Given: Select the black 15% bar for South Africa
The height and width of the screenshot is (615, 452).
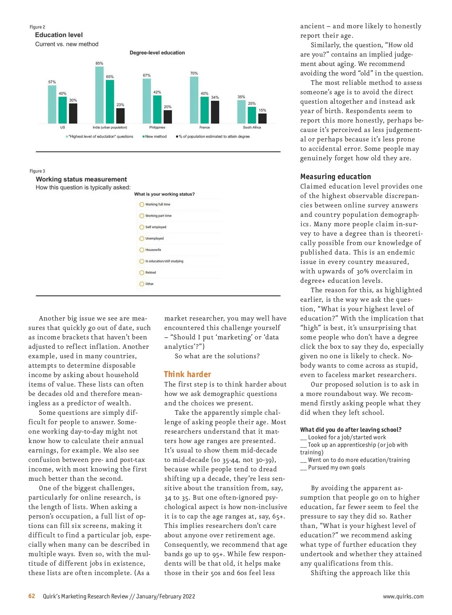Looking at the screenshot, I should point(262,118).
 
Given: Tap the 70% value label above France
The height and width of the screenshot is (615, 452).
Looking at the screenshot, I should point(194,73).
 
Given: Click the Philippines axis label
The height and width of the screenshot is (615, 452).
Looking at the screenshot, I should point(157,127).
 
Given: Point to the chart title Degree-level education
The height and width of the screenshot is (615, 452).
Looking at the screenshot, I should point(157,53).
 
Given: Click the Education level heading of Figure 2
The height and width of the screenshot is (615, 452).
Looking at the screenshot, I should point(59,35).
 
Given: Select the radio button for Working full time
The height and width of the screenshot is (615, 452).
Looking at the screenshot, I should point(142,204).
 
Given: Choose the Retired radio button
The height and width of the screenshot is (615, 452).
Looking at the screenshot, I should point(142,273).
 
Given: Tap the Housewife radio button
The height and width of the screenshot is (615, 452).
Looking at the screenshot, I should point(142,250).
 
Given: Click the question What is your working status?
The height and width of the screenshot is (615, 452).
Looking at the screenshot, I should point(164,194).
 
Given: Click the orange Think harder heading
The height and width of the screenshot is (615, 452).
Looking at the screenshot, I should point(187,374).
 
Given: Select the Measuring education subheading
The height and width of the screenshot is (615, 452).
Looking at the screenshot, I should point(335,176).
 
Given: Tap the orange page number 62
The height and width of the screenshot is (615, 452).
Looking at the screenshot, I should point(32,596).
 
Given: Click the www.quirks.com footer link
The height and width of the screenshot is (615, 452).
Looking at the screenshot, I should point(403,597).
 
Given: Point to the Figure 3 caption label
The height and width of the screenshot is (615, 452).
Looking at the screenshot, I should point(37,171).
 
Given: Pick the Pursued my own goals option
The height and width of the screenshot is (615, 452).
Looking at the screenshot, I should point(336,468).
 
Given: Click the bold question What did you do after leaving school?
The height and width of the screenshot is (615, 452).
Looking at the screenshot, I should point(351,430).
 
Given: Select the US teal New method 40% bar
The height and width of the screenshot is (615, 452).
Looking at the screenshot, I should point(63,110).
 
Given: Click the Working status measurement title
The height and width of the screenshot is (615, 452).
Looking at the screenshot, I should point(81,179).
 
